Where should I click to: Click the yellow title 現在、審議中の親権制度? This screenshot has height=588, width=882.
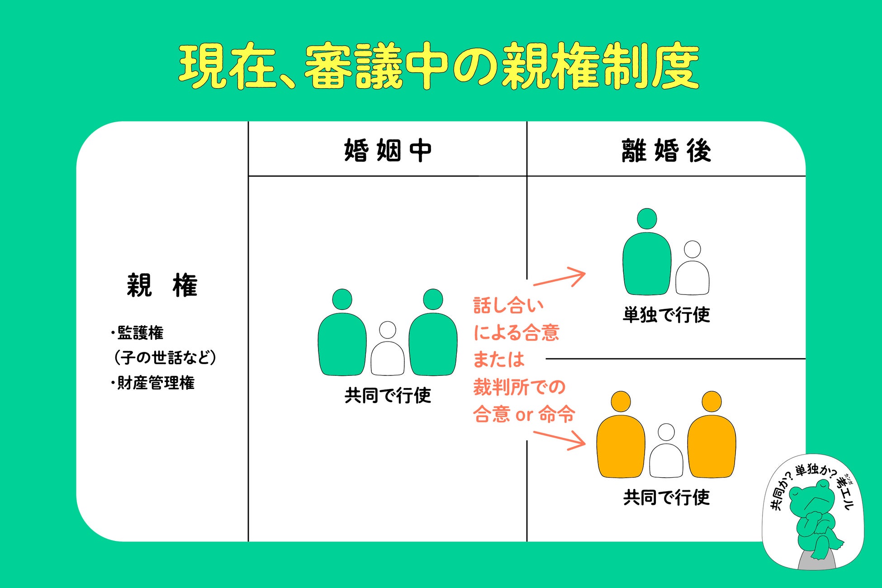click(439, 67)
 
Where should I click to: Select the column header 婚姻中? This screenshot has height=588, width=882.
click(388, 151)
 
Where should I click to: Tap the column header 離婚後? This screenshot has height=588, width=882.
click(666, 151)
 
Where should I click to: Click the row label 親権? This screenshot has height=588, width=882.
click(162, 285)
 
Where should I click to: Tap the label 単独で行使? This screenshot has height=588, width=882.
click(666, 315)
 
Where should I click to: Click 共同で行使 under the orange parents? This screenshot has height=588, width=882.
click(666, 498)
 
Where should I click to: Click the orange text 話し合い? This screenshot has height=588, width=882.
click(508, 306)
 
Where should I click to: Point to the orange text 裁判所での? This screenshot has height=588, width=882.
click(519, 387)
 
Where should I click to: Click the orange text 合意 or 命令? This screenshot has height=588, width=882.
click(524, 414)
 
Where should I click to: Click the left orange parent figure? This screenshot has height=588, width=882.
click(621, 441)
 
